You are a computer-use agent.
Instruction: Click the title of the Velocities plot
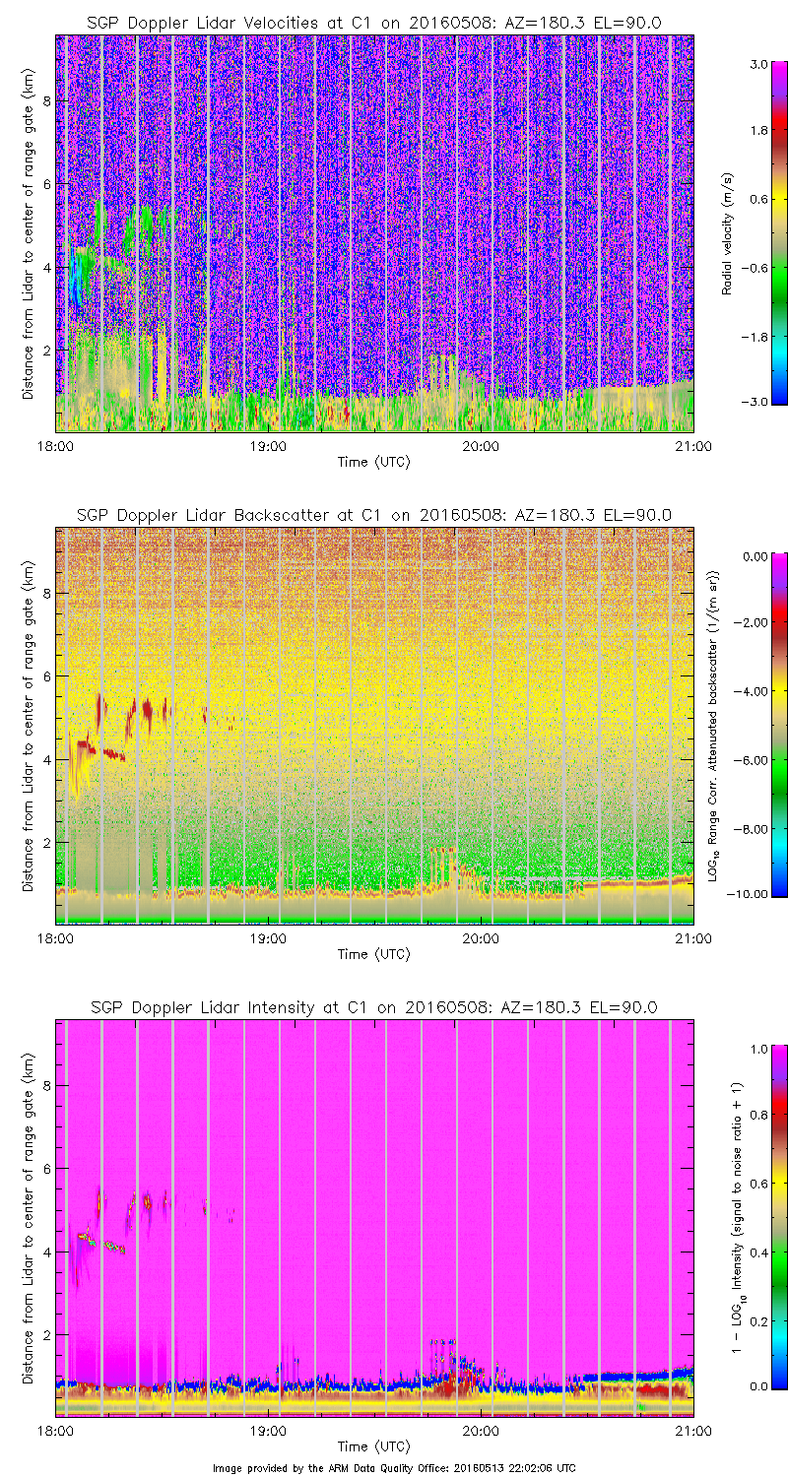click(374, 22)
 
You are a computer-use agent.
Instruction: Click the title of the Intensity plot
click(374, 1006)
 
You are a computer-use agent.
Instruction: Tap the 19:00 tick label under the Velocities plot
click(268, 445)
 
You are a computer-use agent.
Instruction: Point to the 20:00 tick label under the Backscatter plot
click(481, 937)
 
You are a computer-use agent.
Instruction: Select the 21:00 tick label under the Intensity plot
click(693, 1430)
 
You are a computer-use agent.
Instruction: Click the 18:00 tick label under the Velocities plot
click(55, 445)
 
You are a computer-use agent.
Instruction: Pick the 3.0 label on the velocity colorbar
click(757, 64)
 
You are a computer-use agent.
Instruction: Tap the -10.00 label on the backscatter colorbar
click(754, 894)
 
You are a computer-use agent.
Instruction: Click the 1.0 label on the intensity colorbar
click(757, 1049)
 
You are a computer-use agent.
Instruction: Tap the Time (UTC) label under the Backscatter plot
click(374, 954)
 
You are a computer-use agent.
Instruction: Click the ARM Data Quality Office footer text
click(394, 1467)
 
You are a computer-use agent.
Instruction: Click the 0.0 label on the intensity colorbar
click(757, 1386)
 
